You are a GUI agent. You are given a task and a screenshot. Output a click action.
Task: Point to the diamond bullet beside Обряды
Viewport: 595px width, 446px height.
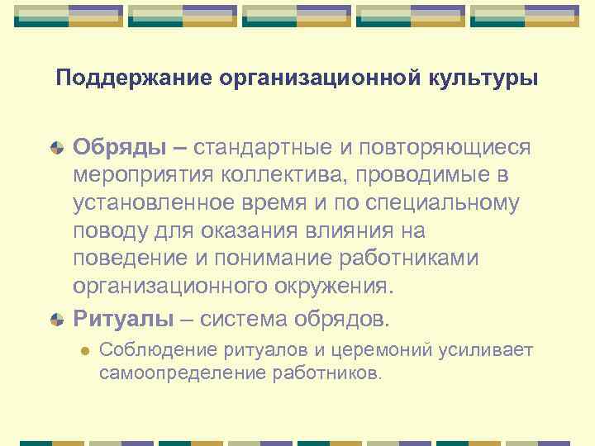click(x=56, y=148)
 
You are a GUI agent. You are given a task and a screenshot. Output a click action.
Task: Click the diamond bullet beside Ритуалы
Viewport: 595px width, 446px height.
click(x=56, y=319)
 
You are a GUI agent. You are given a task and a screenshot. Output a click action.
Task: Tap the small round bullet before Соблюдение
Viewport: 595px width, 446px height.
click(x=82, y=351)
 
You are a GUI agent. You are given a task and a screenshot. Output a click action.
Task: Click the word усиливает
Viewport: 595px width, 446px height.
click(x=487, y=350)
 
